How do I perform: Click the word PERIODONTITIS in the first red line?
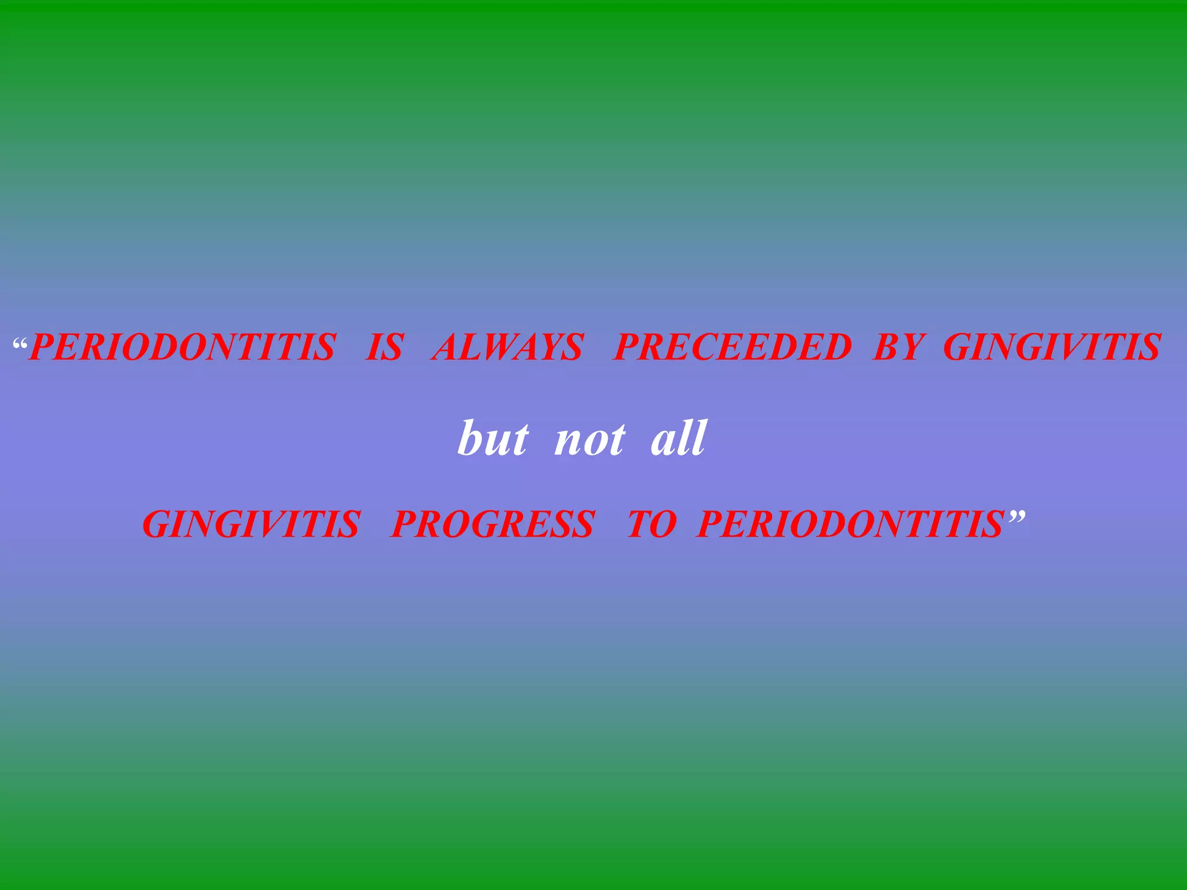coord(182,348)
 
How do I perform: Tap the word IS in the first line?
coord(384,348)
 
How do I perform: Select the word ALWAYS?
coord(507,348)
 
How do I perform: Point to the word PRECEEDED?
coord(733,348)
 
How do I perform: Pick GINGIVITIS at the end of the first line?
coord(1052,348)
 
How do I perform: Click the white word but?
coord(493,439)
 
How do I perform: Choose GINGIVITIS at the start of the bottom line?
coord(252,524)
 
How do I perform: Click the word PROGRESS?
coord(493,524)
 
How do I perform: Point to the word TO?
coord(651,524)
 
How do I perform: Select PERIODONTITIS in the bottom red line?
coord(850,524)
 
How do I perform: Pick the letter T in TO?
coord(641,524)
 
